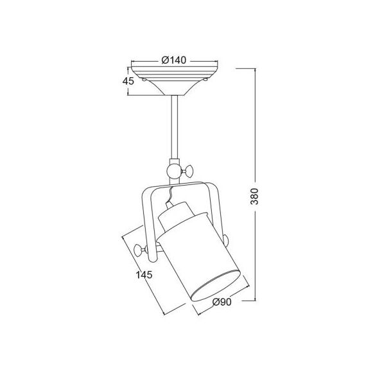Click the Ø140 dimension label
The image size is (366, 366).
click(174, 60)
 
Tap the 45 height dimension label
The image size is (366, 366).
click(128, 81)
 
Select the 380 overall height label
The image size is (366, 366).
click(254, 196)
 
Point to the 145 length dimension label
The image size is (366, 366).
click(144, 275)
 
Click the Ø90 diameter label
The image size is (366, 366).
click(222, 302)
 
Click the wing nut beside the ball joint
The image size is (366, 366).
click(187, 171)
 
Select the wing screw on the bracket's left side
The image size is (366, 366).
click(141, 249)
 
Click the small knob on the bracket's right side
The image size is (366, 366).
click(225, 241)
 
